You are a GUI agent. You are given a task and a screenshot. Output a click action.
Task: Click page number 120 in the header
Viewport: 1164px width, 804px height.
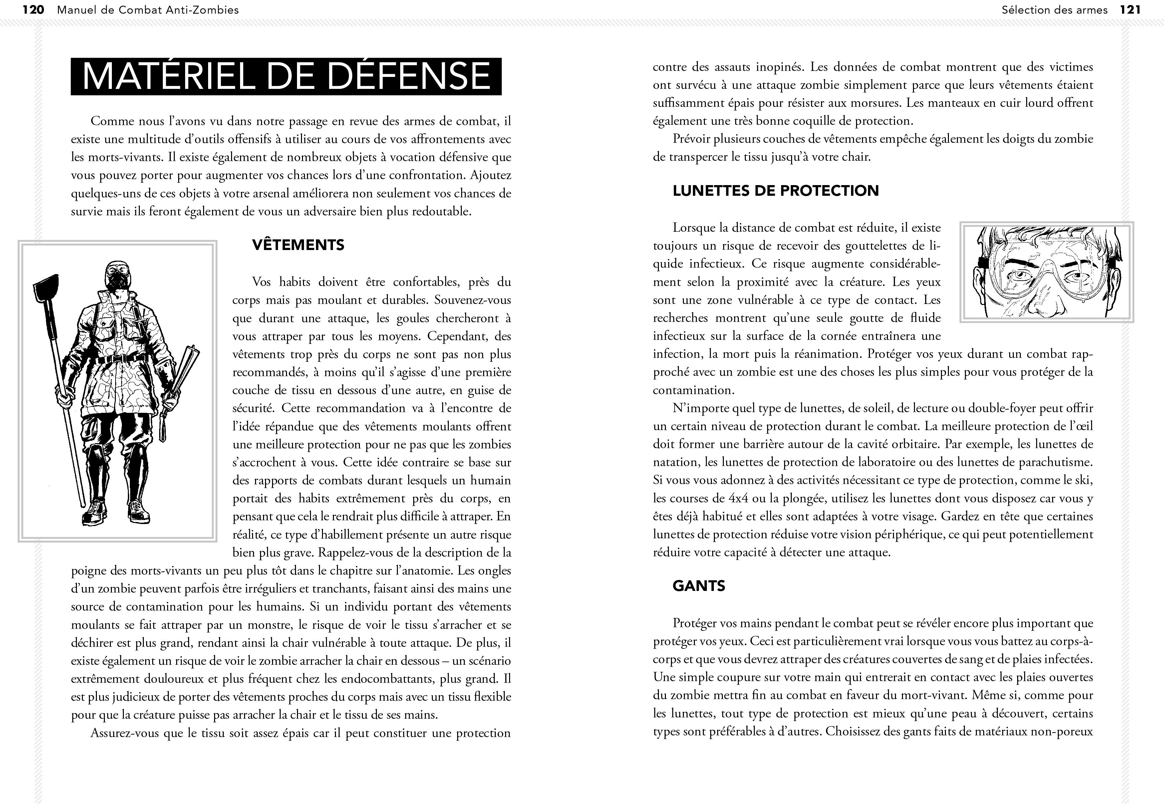pyautogui.click(x=34, y=10)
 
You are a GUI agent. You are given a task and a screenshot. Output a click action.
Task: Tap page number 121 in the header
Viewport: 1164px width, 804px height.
pyautogui.click(x=1130, y=10)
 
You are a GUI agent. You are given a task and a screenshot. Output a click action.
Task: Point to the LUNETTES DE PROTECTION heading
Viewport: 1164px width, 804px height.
pyautogui.click(x=776, y=190)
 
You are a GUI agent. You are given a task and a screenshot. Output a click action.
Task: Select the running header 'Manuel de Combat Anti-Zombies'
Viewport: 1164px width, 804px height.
pyautogui.click(x=148, y=10)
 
